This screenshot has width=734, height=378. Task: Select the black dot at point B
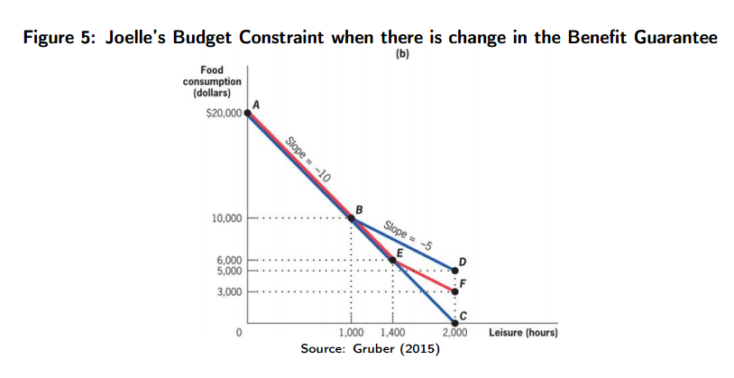[352, 217]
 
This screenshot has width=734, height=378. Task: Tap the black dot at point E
[393, 260]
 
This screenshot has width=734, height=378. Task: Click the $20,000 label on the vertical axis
[224, 115]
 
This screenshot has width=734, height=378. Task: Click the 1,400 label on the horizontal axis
[393, 334]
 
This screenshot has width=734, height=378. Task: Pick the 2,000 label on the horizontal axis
[454, 334]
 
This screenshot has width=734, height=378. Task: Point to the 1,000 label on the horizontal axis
[352, 334]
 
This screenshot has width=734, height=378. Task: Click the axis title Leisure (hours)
[523, 334]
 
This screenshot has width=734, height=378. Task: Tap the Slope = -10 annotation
[307, 159]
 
